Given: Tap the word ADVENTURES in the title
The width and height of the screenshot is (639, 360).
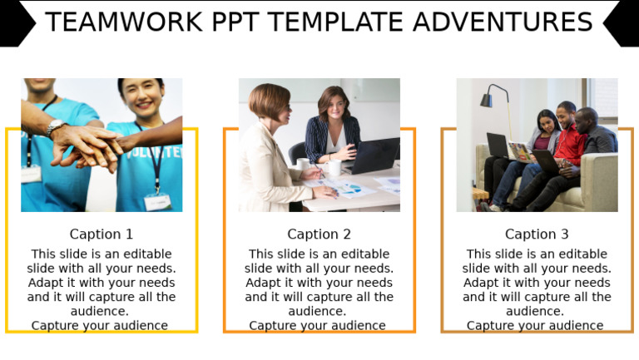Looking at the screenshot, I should (515, 22).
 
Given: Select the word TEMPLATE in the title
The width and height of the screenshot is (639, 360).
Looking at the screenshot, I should (348, 22).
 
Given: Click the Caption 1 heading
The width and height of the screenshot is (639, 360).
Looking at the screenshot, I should (102, 234).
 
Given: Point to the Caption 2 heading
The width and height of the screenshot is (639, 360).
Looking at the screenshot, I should (319, 234).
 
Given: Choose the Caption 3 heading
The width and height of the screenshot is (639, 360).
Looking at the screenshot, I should (537, 234).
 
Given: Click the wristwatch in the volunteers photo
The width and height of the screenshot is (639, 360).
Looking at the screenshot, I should (55, 126).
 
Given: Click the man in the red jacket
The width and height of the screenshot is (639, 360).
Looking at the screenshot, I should (568, 137).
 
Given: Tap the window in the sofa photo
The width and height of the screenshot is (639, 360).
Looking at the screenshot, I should (603, 100).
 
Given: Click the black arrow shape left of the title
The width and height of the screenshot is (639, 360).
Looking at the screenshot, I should (16, 23).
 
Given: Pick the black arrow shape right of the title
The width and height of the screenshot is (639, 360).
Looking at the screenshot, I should (622, 23).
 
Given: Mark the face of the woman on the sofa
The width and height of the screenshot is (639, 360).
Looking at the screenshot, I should (547, 122).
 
